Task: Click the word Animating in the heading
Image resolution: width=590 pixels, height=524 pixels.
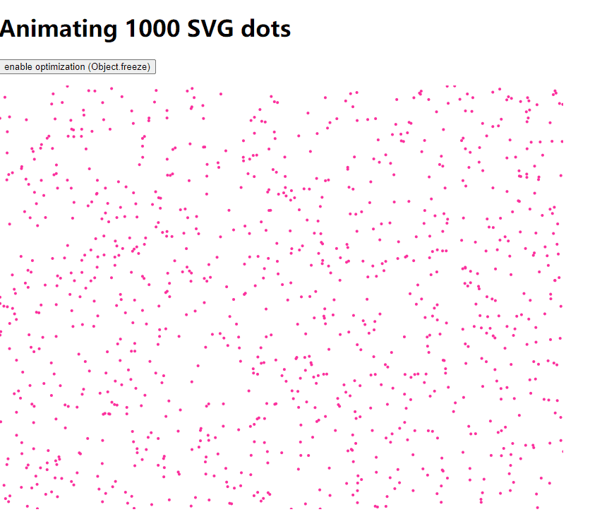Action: (x=59, y=29)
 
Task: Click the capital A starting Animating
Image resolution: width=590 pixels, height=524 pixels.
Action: (x=11, y=29)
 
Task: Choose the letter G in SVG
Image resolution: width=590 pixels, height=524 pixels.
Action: (x=230, y=29)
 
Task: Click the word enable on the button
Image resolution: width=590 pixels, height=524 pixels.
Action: (x=19, y=67)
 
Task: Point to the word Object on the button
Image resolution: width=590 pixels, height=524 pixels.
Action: (x=105, y=67)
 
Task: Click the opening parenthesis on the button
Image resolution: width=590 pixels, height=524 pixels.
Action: (x=90, y=67)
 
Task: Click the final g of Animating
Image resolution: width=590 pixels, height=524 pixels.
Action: (x=109, y=30)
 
